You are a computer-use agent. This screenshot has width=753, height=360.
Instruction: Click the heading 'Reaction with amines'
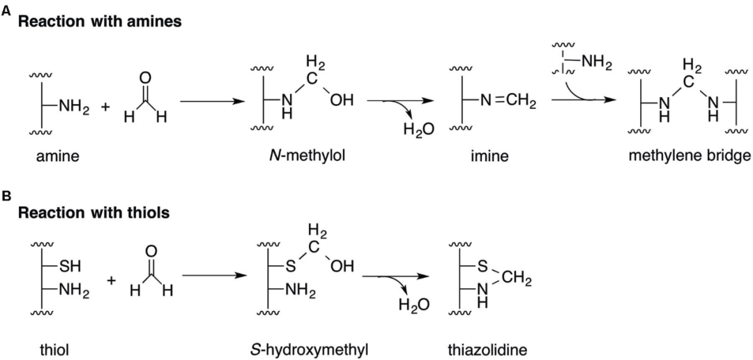point(100,22)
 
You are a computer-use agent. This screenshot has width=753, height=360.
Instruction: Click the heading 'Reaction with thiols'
point(93,213)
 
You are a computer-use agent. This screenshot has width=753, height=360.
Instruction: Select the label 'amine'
point(58,157)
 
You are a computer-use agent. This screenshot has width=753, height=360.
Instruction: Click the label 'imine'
point(489,157)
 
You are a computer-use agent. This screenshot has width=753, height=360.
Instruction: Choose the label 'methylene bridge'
point(690,157)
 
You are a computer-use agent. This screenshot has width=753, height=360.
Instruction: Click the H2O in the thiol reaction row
point(413,305)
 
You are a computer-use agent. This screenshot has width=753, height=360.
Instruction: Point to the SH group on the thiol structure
point(70,267)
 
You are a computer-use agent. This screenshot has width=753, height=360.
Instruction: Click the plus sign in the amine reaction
point(105,107)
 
